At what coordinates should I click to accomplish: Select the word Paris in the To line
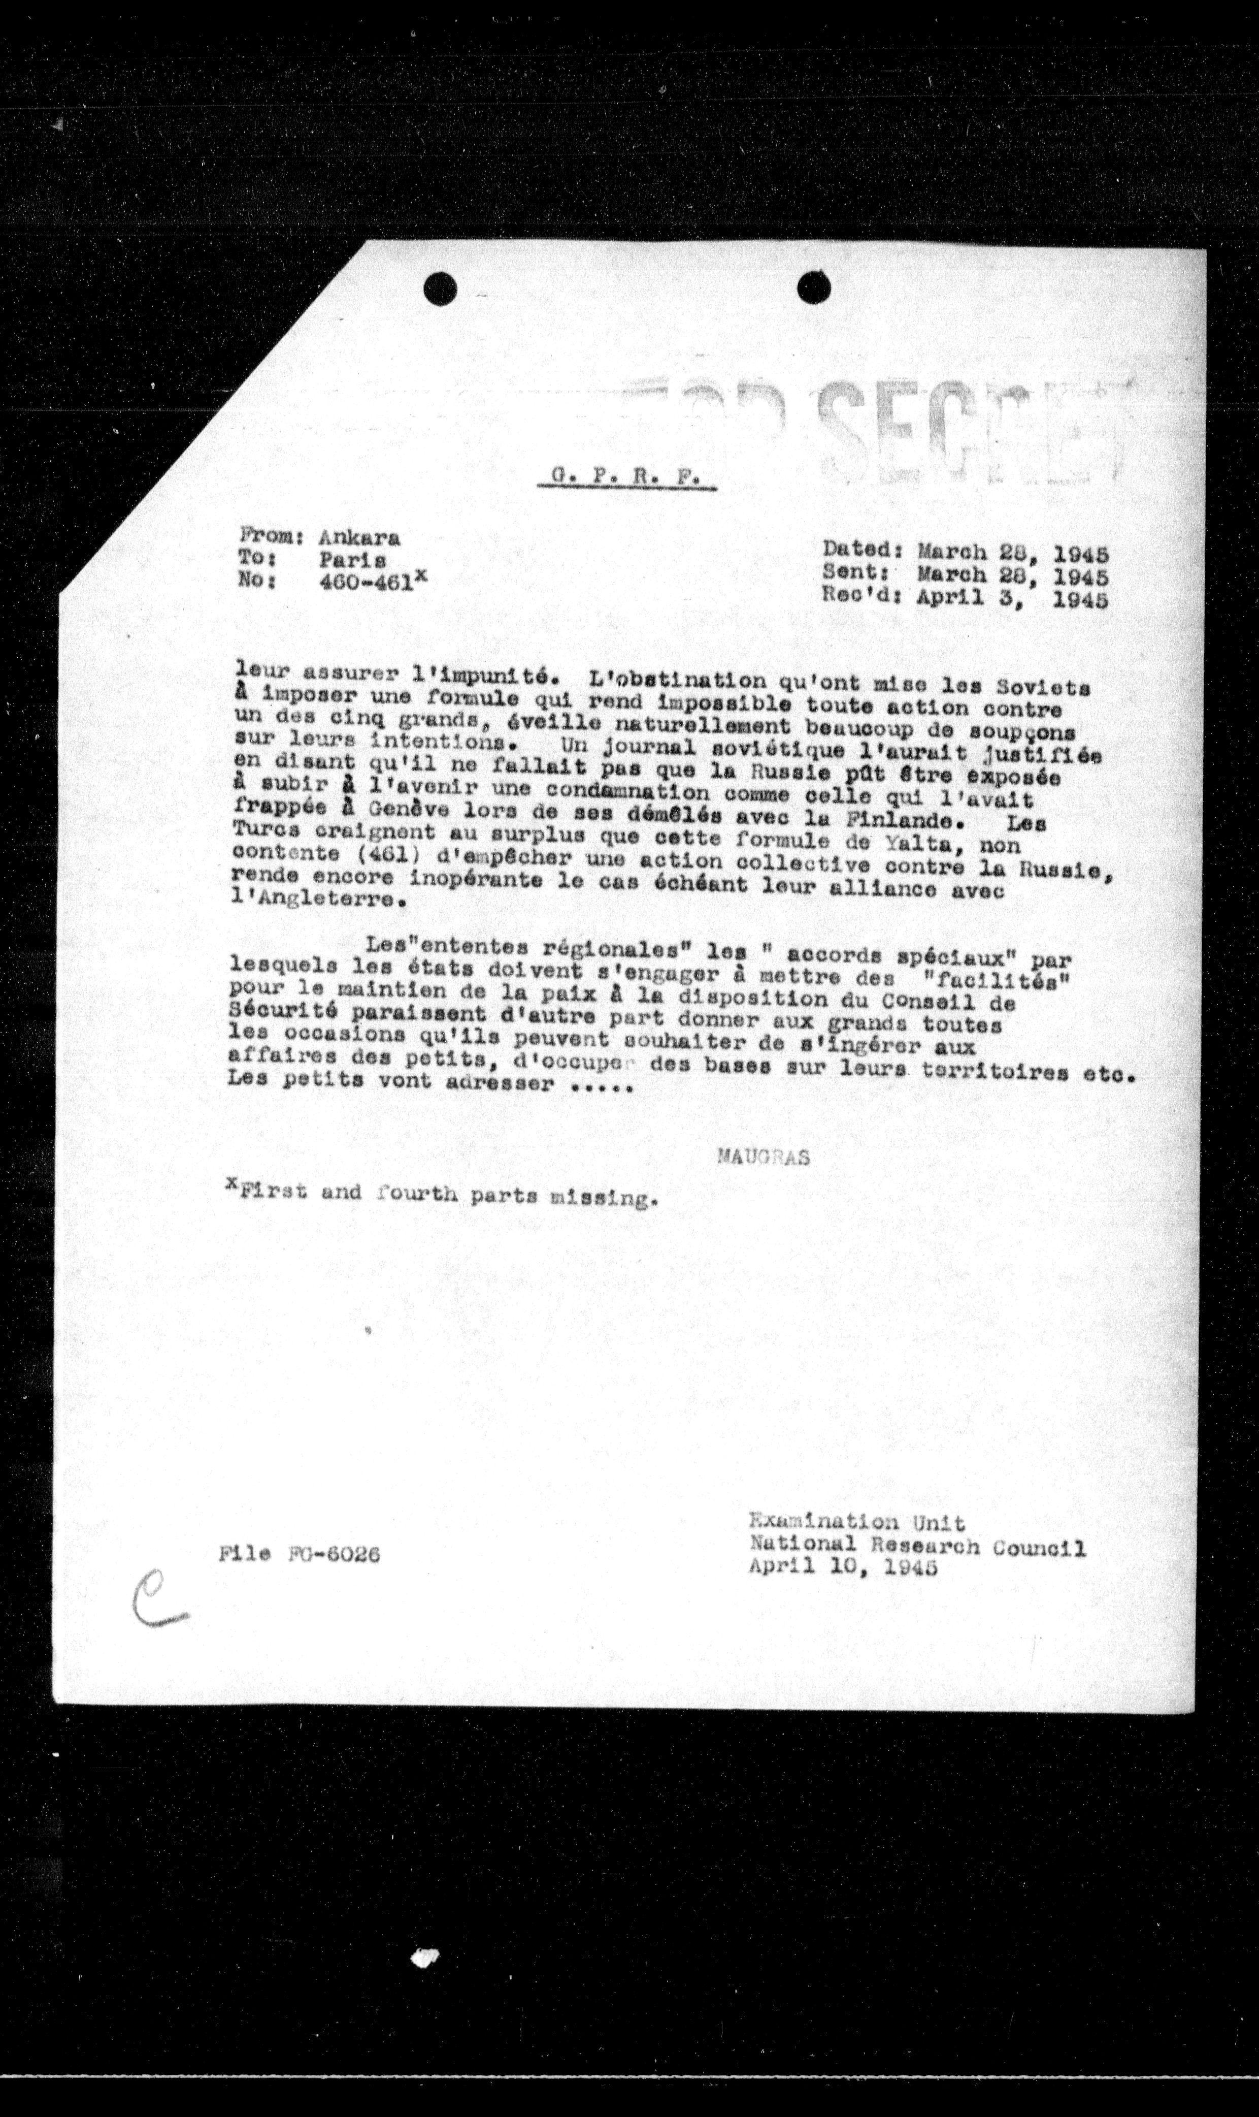(353, 560)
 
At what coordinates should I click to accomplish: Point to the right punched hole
(814, 288)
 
